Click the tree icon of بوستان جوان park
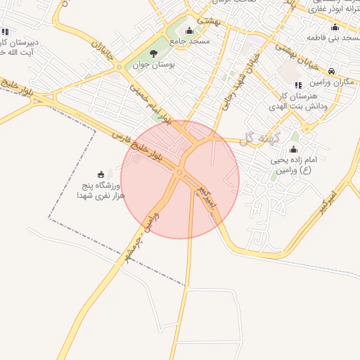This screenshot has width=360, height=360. coord(154,53)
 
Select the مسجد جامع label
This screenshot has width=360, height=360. coord(188,41)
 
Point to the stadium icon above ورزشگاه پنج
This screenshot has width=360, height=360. coord(101,174)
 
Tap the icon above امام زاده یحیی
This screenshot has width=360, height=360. coord(293,149)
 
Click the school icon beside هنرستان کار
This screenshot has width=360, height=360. coord(298,86)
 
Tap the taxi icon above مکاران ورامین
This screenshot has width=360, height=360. coord(331,70)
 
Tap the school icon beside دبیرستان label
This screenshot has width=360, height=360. coord(5,32)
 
